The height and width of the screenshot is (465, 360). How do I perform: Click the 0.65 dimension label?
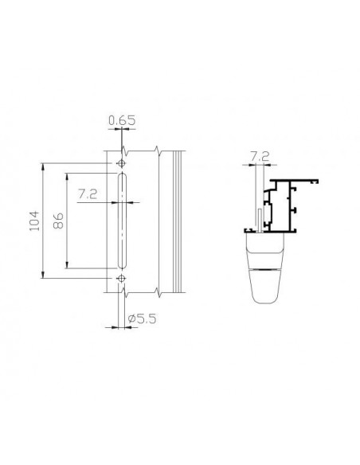tap(122, 120)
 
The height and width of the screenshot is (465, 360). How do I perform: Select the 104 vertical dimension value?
tap(34, 221)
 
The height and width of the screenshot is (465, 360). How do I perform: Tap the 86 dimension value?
tap(58, 221)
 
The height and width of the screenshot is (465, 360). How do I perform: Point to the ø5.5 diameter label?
tap(142, 318)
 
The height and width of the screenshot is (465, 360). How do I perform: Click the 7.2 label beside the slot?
tap(88, 194)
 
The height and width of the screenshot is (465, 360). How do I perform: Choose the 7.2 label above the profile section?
tap(260, 156)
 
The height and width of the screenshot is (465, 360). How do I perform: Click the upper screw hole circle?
tap(121, 163)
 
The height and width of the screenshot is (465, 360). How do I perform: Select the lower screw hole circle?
tap(121, 278)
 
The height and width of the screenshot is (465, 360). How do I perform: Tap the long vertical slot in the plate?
tap(122, 221)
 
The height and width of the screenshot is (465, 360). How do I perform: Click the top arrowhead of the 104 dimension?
tap(43, 166)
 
